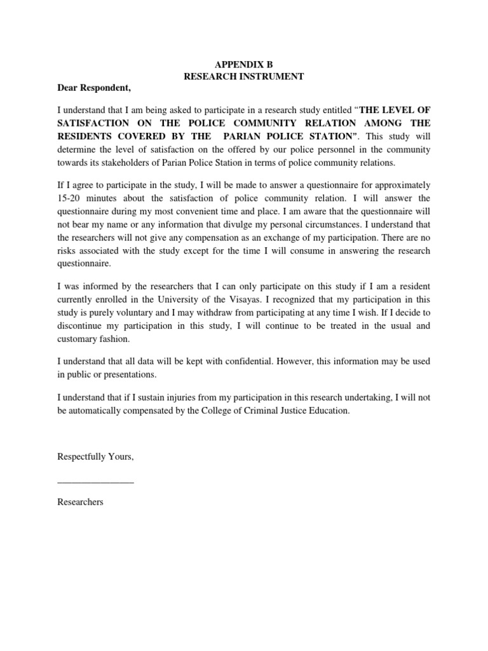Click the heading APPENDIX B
244,64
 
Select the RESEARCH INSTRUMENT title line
244,76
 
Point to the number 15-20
71,197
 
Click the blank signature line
96,483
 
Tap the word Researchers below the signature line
80,502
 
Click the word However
323,361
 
